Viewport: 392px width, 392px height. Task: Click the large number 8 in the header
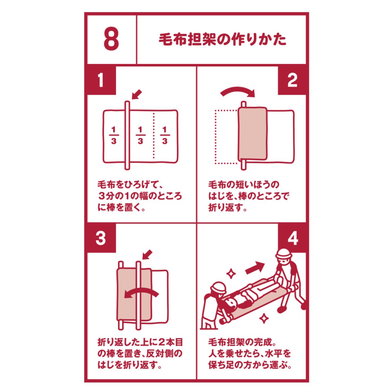[111, 39]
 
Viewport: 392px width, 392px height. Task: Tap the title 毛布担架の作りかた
[222, 40]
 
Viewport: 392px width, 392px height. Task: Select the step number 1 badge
[101, 80]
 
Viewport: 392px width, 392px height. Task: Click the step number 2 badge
[292, 80]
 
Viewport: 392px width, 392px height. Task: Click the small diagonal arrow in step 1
[136, 95]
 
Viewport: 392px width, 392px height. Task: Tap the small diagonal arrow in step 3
[147, 255]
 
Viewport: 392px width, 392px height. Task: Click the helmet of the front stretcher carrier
[283, 254]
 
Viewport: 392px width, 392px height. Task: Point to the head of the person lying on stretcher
[231, 304]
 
